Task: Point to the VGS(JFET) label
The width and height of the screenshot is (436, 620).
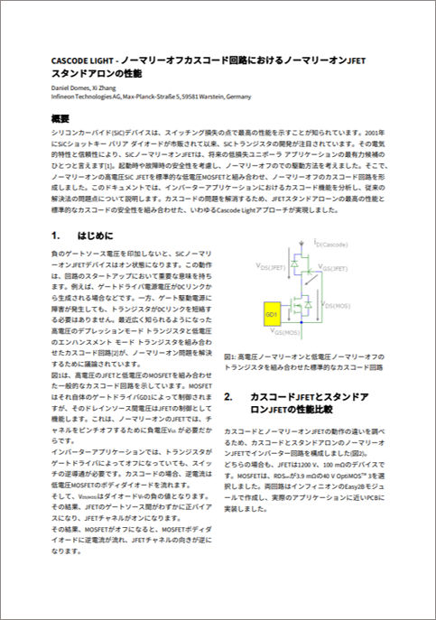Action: point(337,268)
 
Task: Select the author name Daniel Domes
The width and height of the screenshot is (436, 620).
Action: point(73,88)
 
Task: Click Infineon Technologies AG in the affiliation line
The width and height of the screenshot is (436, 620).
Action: point(86,96)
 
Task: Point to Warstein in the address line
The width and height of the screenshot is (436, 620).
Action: point(199,96)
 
